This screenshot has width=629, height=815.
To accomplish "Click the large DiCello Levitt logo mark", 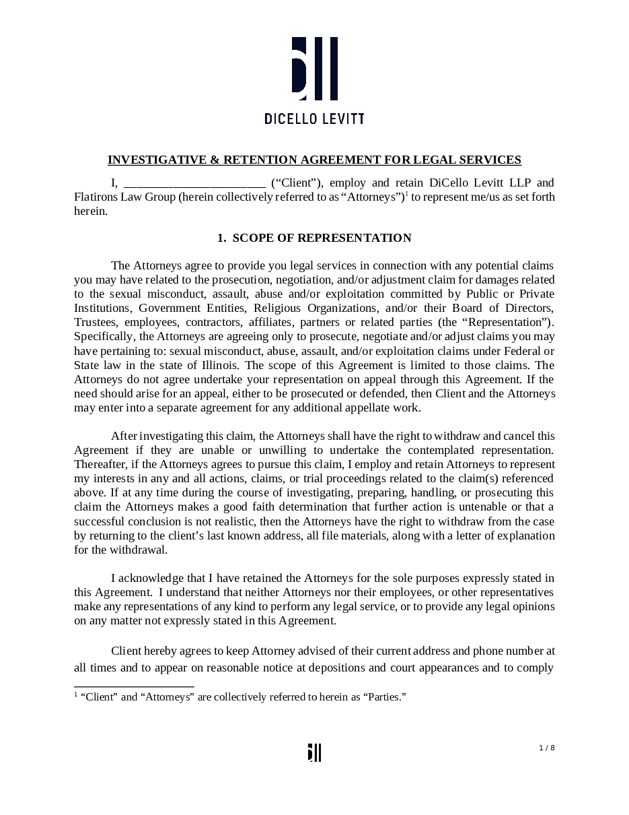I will (314, 69).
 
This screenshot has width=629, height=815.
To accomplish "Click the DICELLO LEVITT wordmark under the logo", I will (314, 119).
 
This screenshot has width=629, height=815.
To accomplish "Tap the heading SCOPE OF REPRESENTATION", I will (322, 238).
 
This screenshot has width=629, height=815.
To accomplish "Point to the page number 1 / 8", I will (547, 748).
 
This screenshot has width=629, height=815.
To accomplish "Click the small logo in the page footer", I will (314, 752).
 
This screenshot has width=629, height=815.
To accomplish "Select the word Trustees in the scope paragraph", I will (95, 323).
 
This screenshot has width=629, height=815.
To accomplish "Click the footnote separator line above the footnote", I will (134, 686).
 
